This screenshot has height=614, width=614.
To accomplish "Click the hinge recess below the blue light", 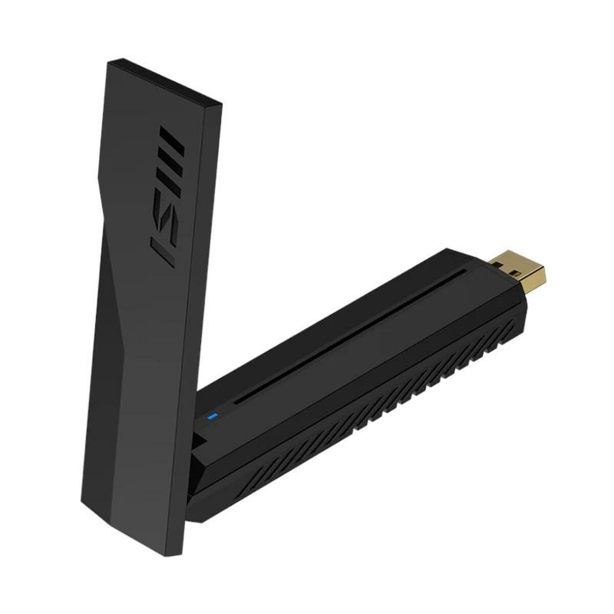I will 203,440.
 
